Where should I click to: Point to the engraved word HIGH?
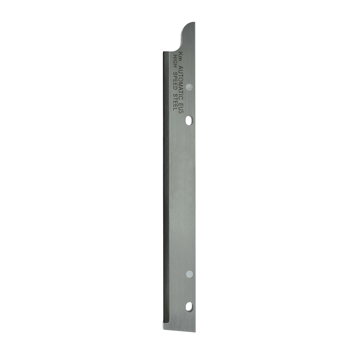[x=175, y=61]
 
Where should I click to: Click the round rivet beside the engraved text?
[x=189, y=87]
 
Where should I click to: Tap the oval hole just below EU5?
[x=189, y=121]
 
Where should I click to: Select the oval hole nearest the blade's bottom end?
[x=189, y=307]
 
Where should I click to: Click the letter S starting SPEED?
[x=175, y=74]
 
